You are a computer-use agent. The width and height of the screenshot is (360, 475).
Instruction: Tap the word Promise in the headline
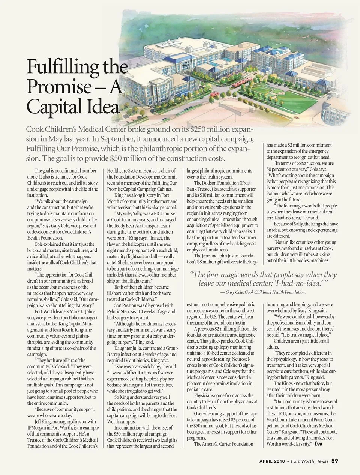57,87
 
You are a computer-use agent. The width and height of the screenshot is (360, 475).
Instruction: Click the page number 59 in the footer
334,461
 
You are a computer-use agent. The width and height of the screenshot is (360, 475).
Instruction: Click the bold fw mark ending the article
319,444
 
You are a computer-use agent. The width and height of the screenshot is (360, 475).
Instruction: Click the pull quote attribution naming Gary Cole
263,292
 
